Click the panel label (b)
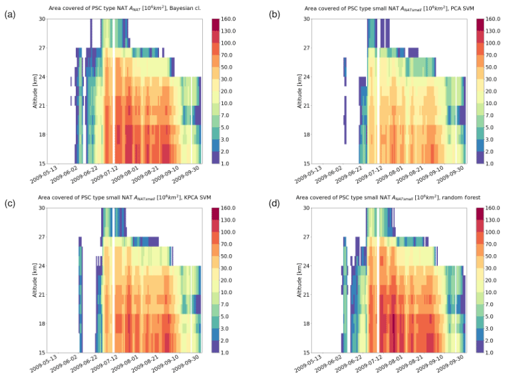pyautogui.click(x=264, y=14)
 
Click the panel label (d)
pyautogui.click(x=264, y=203)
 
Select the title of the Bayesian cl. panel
pyautogui.click(x=124, y=9)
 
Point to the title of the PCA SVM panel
pyautogui.click(x=378, y=9)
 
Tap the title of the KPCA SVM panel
pyautogui.click(x=124, y=198)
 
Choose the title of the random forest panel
pyautogui.click(x=378, y=198)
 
